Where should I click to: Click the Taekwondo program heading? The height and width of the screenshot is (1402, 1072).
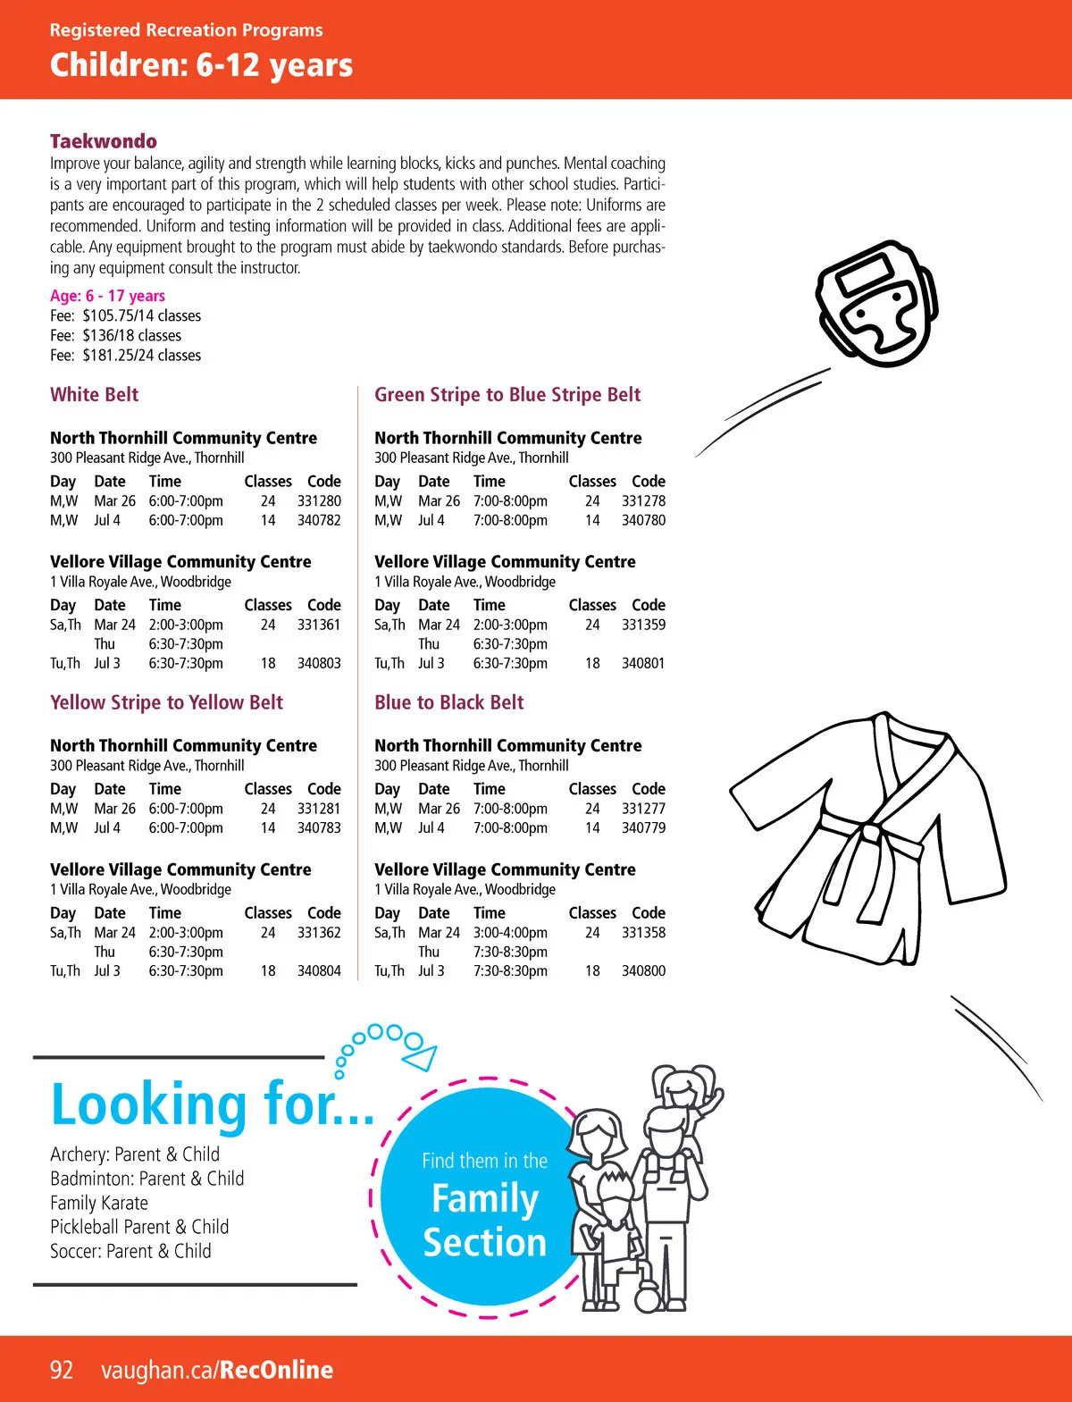click(104, 141)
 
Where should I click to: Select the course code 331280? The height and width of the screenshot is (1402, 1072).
click(319, 501)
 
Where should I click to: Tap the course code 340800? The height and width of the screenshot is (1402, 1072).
click(643, 971)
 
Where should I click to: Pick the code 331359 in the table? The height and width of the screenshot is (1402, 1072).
click(643, 625)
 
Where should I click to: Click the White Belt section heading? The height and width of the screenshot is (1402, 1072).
click(95, 395)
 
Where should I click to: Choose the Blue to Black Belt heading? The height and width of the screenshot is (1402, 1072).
click(449, 703)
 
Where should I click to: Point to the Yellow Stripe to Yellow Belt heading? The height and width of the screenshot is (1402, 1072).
click(166, 703)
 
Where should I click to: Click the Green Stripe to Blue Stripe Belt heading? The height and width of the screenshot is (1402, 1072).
click(507, 395)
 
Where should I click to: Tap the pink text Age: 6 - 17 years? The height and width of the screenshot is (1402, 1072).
click(107, 296)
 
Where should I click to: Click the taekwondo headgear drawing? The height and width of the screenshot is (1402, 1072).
click(877, 303)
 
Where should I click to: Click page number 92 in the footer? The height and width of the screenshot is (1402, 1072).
click(62, 1370)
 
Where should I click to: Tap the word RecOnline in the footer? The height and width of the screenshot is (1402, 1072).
click(276, 1370)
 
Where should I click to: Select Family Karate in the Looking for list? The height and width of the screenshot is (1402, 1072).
click(99, 1204)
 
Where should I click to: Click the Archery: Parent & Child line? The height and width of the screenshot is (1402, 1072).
click(135, 1154)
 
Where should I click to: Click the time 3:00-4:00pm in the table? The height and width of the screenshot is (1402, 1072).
click(510, 933)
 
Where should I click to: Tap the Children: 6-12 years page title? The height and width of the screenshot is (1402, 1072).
click(201, 65)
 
